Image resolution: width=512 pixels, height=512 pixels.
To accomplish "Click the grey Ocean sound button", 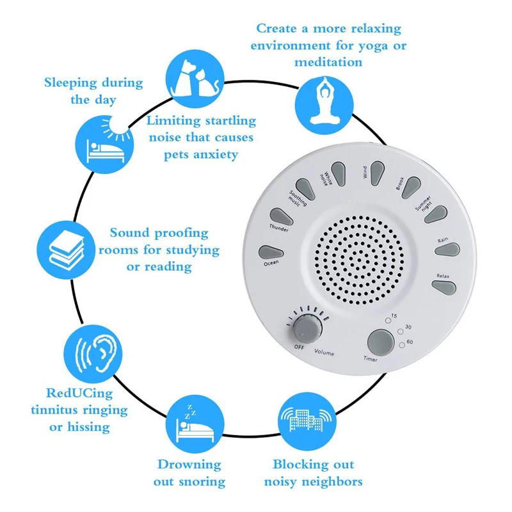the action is (271, 253).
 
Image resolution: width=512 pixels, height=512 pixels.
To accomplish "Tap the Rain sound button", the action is (447, 250).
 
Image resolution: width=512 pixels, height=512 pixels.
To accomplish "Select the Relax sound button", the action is (444, 287).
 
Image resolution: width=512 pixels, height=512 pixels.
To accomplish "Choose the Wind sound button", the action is (377, 173).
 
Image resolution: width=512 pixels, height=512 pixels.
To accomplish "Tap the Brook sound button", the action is (411, 187).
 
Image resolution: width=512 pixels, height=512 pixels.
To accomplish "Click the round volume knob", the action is (308, 328).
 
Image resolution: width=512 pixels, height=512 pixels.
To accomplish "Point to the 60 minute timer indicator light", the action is (402, 345).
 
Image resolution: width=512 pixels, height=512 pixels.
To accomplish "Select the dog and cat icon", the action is (195, 79).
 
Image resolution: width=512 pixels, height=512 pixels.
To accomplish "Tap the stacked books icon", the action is (66, 250).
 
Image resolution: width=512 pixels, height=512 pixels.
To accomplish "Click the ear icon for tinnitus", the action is (93, 354).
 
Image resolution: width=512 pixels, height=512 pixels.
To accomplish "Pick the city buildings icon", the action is (307, 422).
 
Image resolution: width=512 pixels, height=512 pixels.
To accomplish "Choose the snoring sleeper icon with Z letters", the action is (195, 424).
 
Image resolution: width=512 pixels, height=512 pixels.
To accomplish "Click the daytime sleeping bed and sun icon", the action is (104, 145).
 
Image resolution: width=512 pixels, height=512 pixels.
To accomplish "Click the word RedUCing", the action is (79, 393).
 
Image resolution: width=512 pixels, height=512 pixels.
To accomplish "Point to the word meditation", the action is (328, 61).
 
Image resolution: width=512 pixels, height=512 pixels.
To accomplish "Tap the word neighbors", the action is (334, 481).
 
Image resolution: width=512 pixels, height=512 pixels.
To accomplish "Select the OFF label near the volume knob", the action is (299, 347).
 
